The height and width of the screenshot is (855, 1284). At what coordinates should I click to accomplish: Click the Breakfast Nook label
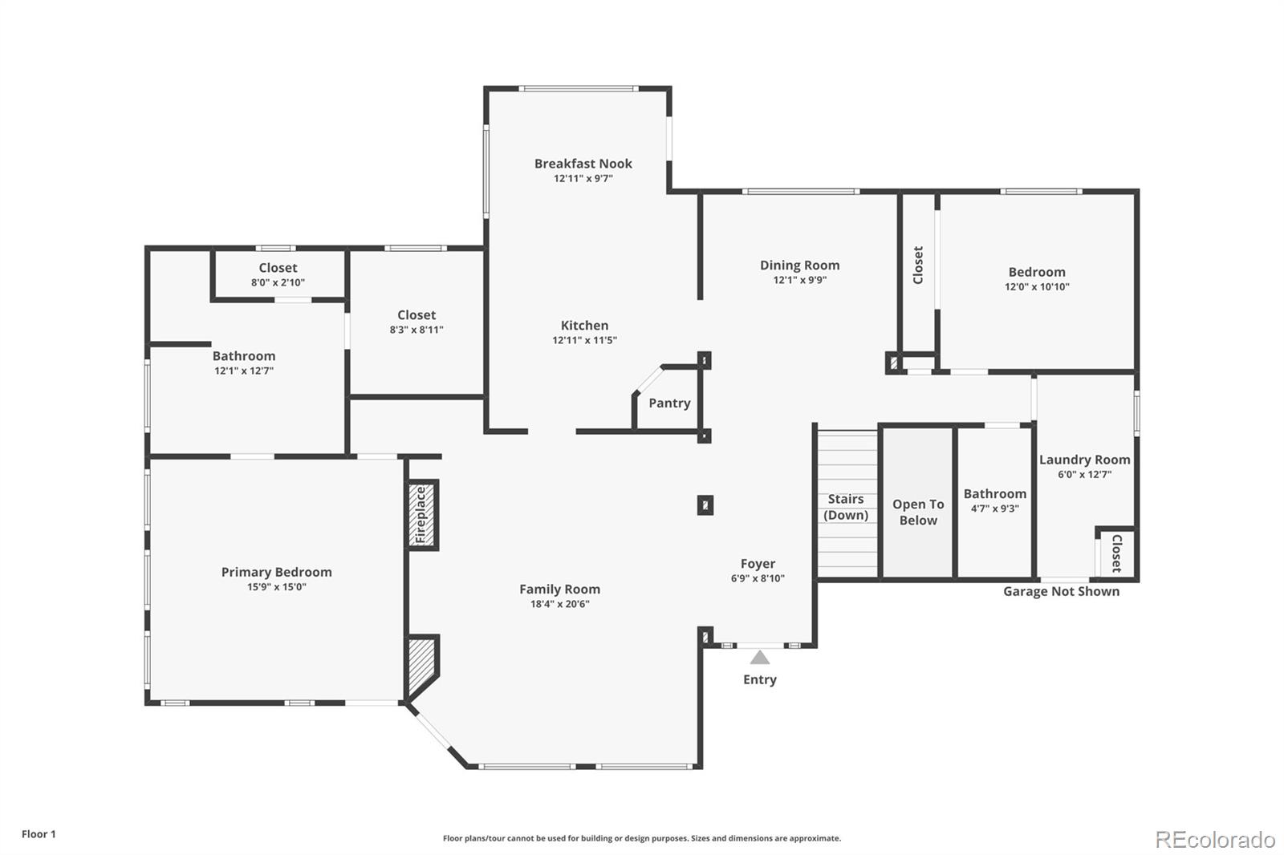583,164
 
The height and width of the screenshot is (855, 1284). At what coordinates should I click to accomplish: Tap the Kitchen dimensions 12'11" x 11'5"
584,340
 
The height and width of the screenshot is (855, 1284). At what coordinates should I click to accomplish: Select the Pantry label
669,403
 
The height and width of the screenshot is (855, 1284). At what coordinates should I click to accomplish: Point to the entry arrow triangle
760,658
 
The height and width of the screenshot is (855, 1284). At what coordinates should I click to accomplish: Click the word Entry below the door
760,679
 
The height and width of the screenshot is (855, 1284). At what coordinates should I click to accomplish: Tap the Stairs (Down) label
846,507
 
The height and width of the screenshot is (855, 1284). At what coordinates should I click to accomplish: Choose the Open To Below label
918,512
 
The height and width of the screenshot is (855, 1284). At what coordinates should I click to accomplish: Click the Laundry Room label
1084,460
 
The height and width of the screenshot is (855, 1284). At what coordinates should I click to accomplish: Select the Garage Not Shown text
1061,591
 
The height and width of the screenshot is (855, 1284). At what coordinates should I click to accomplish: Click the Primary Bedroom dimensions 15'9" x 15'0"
277,587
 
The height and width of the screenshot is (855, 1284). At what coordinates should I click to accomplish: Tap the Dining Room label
800,265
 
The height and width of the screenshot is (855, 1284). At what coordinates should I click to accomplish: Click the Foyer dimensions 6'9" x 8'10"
758,578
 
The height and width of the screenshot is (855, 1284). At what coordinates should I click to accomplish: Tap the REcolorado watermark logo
1215,840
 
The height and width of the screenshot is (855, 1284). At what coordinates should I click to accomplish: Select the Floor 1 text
39,834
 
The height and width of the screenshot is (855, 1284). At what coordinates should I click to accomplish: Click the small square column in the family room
705,504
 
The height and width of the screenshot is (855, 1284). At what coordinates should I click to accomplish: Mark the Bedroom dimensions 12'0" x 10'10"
1037,286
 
